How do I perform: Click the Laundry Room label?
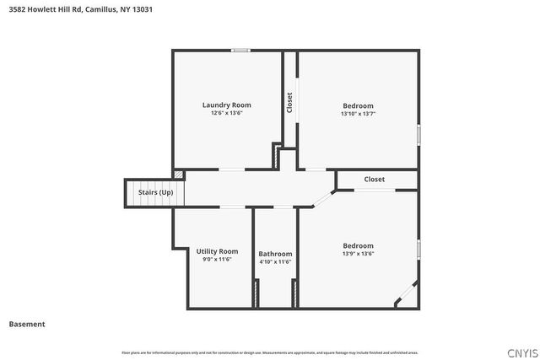[226, 105]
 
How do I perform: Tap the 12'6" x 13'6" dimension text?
[226, 113]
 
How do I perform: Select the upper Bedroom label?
[358, 105]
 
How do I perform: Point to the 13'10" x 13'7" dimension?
[358, 114]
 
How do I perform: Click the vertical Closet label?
[290, 103]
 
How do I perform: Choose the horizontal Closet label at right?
[375, 180]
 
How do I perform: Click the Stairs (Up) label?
[155, 192]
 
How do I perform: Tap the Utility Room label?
[217, 251]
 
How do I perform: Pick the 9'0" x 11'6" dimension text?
[217, 260]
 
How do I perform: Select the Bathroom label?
[275, 254]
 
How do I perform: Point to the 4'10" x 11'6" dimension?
[275, 262]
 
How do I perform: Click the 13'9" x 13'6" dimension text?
[358, 254]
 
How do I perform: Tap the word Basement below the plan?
[27, 324]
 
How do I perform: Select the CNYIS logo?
[520, 352]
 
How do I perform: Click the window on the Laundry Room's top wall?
[240, 51]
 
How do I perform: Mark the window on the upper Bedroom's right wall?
[418, 134]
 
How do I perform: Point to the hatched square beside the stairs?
[178, 174]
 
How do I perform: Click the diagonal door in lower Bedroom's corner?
[406, 293]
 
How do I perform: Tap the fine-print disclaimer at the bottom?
[270, 352]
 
